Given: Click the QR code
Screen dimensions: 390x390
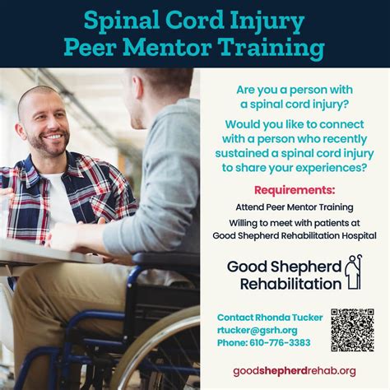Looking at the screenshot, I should point(352,330).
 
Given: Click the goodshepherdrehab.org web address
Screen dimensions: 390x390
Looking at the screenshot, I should point(294,371).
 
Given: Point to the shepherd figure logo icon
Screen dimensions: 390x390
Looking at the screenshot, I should point(354,272).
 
